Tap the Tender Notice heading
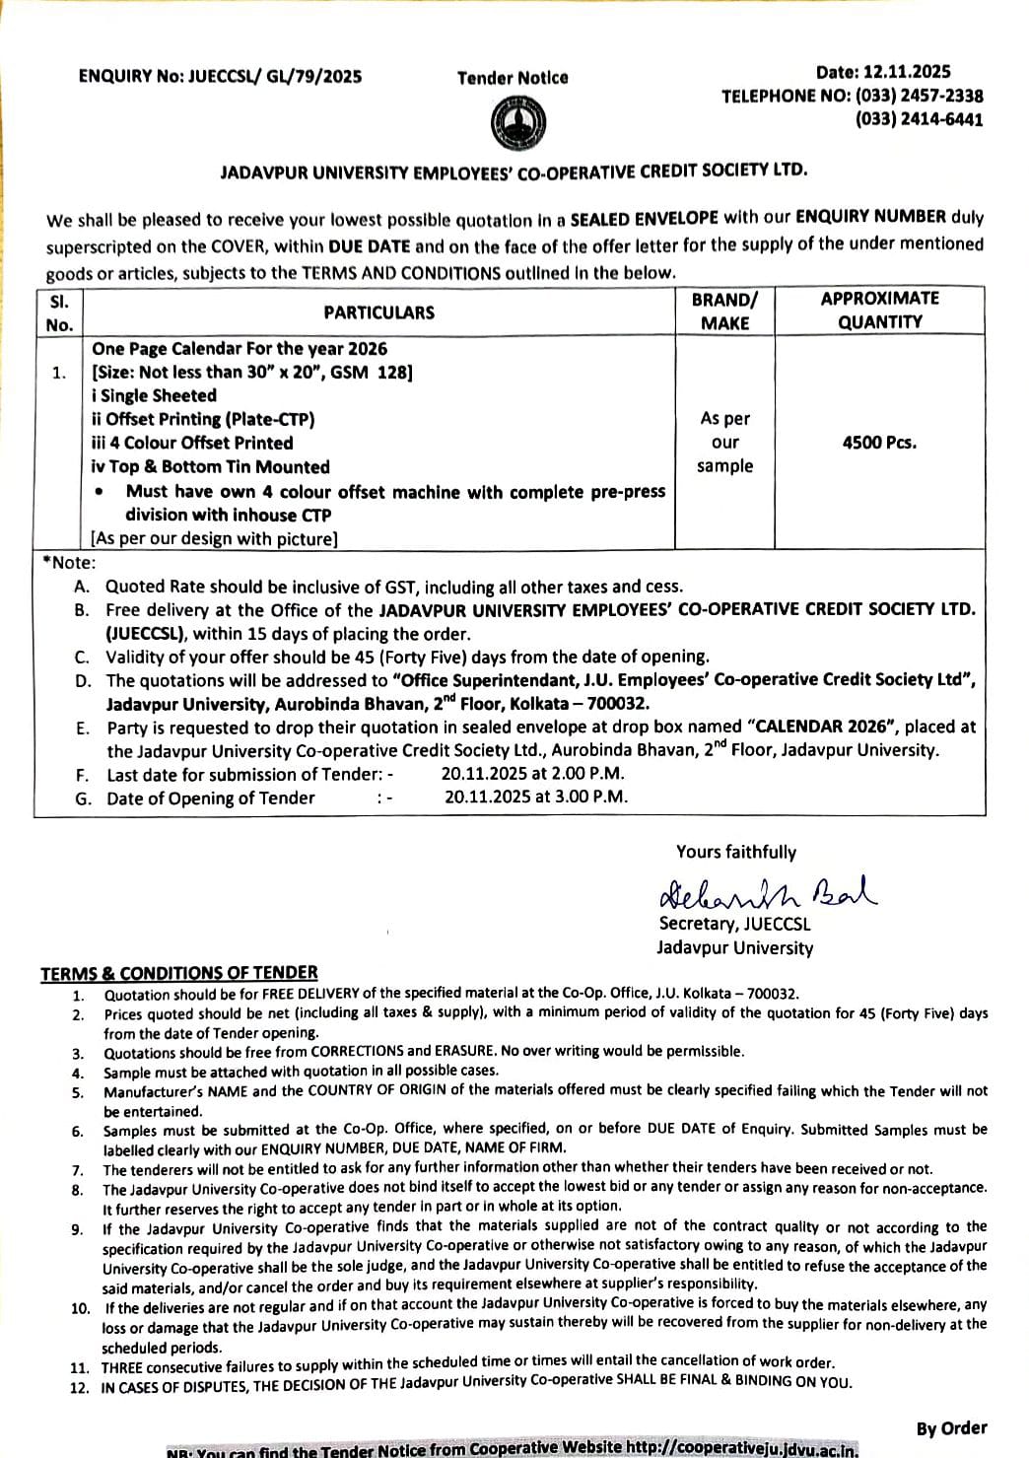click(513, 78)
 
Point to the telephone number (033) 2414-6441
click(919, 119)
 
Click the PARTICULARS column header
click(378, 312)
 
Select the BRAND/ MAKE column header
click(724, 312)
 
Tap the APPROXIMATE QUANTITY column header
click(879, 311)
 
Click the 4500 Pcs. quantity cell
click(879, 443)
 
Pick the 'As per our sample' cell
click(724, 443)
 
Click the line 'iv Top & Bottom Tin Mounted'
click(211, 467)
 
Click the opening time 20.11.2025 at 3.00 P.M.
click(535, 798)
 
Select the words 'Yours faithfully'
click(735, 853)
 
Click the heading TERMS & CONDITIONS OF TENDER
click(179, 974)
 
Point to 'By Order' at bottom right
click(951, 1428)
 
